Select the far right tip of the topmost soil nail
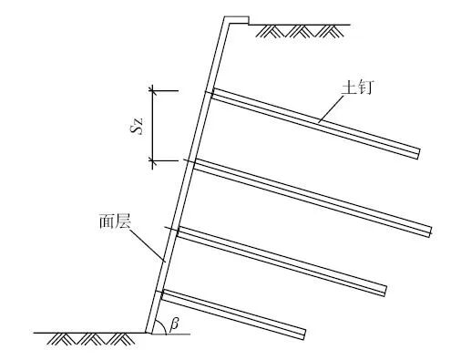pyautogui.click(x=418, y=152)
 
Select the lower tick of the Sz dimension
pyautogui.click(x=152, y=161)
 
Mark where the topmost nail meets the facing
pyautogui.click(x=211, y=92)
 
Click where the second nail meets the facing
pyautogui.click(x=194, y=164)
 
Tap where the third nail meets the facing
pyautogui.click(x=178, y=231)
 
